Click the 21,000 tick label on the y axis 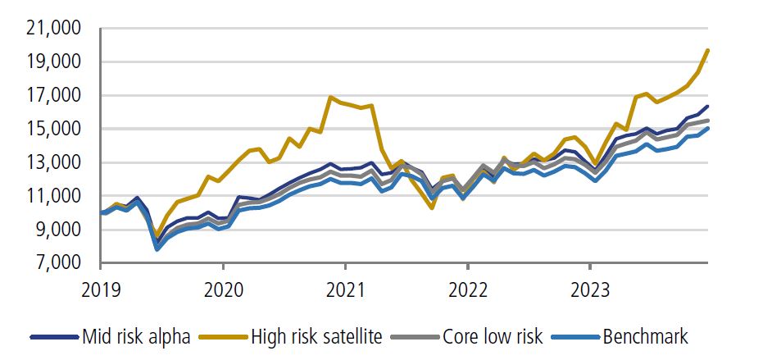[52, 29]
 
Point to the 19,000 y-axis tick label [52, 62]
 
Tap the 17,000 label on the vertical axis [52, 96]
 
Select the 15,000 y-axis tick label [52, 130]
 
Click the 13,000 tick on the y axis [52, 163]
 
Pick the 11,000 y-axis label [52, 197]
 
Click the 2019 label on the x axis [100, 289]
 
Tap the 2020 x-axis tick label [223, 289]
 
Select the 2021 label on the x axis [345, 289]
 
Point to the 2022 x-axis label [467, 289]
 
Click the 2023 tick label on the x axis [590, 289]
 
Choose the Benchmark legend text [645, 336]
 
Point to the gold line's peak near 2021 [331, 98]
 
